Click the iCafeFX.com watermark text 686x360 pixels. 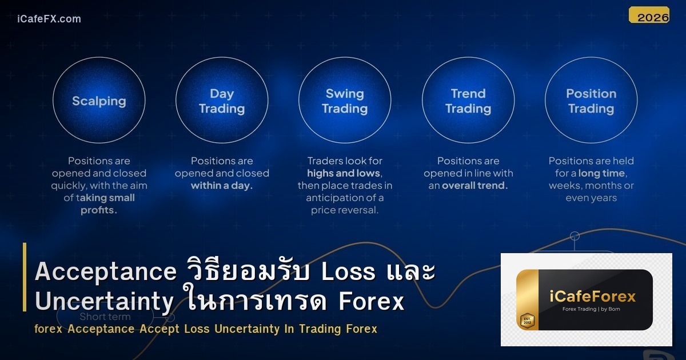[x=49, y=19]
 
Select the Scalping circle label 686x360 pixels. [x=99, y=101]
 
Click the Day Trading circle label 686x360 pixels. [x=222, y=101]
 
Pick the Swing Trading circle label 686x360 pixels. [x=345, y=101]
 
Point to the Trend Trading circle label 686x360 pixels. [x=468, y=101]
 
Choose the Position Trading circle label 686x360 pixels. [x=591, y=101]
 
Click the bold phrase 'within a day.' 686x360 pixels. [x=222, y=186]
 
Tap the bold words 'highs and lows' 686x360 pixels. [x=344, y=173]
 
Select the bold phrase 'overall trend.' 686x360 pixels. [x=475, y=186]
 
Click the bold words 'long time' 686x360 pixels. [x=603, y=173]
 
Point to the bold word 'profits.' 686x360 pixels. [x=99, y=210]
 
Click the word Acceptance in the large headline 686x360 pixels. [x=106, y=272]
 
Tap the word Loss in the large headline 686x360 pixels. [x=348, y=272]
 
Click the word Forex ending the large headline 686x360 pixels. [x=372, y=301]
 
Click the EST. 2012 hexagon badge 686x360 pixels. [x=527, y=321]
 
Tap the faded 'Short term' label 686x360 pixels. [x=105, y=317]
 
